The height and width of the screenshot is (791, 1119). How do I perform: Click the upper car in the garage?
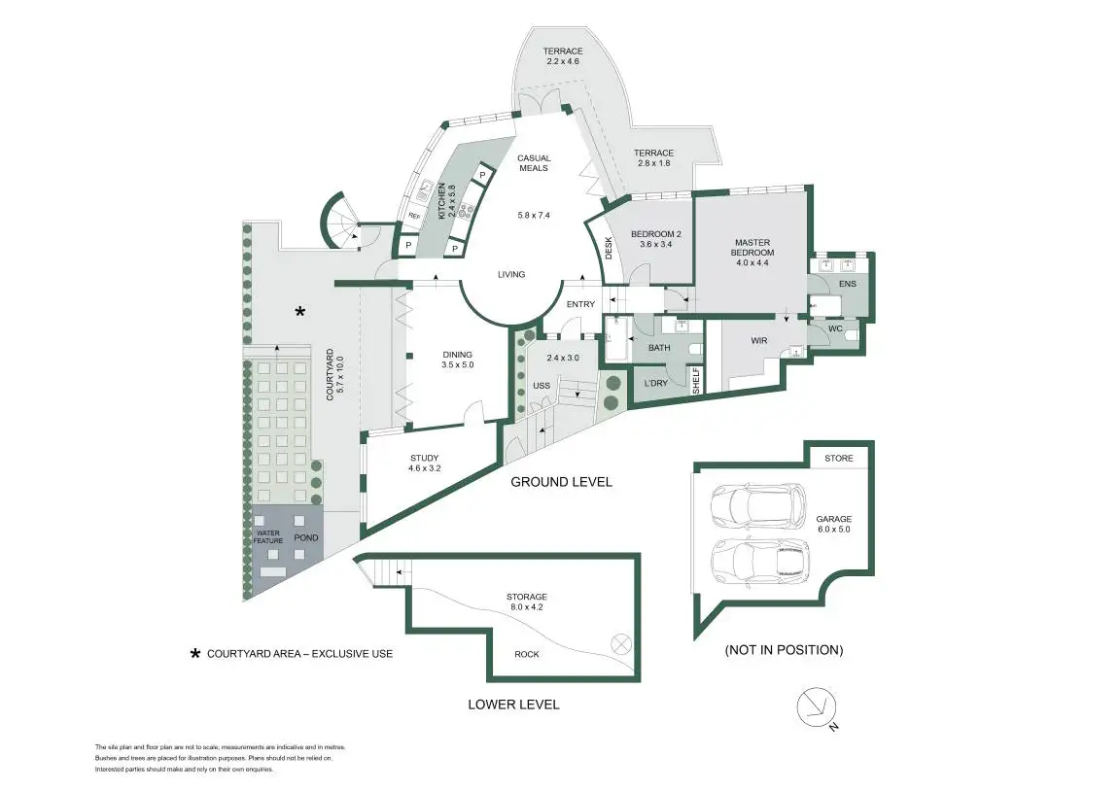758,504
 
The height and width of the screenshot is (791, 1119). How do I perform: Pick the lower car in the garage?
760,561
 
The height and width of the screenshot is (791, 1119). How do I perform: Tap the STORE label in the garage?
838,458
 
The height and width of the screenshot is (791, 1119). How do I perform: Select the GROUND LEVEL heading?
562,482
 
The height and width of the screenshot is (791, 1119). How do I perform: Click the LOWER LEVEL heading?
513,705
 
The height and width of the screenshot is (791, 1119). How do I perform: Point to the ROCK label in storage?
526,654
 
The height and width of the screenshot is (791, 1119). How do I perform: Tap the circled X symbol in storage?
620,642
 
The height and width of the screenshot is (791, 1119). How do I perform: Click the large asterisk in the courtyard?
300,311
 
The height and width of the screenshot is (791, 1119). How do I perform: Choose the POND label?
306,537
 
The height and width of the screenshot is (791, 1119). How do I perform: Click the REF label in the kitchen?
413,216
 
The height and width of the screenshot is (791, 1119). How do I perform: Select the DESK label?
610,251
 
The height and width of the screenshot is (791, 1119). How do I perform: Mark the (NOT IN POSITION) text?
784,649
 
